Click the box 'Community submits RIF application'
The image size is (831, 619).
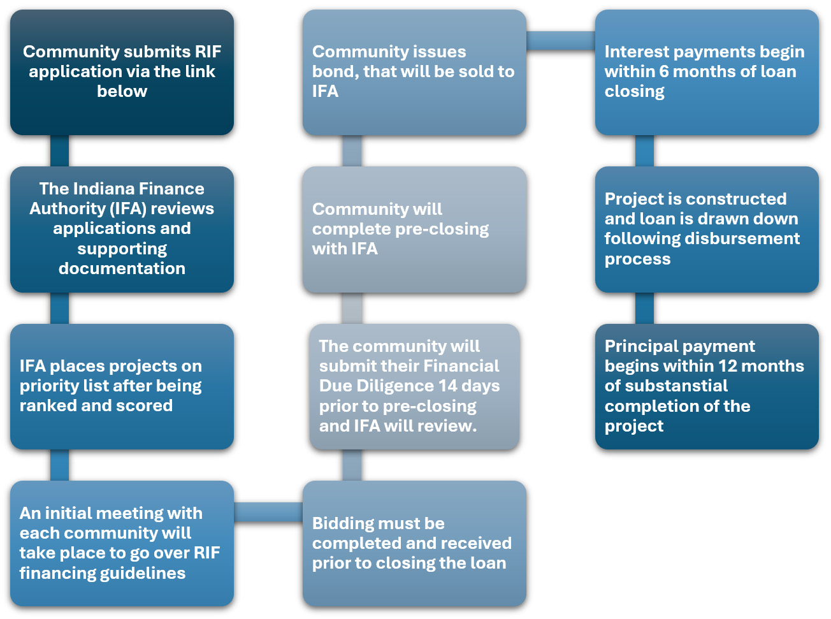pos(122,72)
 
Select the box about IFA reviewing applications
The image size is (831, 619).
pos(122,229)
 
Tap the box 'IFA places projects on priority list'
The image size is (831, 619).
pos(122,386)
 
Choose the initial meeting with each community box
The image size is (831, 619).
pos(122,543)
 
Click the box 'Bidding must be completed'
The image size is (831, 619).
pos(414,543)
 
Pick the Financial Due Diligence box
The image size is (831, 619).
pos(414,386)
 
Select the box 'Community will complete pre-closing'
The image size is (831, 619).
pos(414,229)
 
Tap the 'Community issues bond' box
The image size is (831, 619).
pos(414,72)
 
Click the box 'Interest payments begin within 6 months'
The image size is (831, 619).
pos(707,72)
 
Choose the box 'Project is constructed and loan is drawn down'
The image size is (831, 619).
pos(707,229)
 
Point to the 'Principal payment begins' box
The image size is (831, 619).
pos(707,386)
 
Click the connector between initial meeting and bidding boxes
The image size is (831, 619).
pos(268,511)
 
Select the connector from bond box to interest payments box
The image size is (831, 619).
pos(561,41)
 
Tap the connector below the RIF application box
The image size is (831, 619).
pos(59,151)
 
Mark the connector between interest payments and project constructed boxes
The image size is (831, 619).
pos(644,151)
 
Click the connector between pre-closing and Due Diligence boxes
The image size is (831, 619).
pos(352,309)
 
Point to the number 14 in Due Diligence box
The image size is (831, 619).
pos(448,386)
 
